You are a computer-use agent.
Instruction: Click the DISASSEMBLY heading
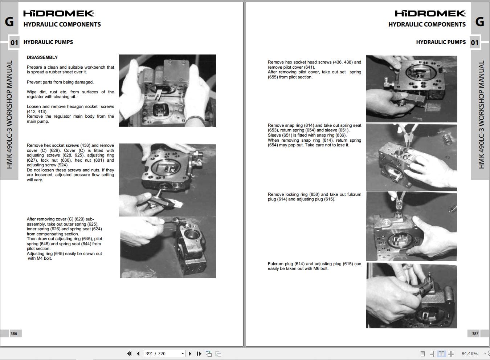(x=42, y=57)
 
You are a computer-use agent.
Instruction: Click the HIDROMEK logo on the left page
(x=59, y=14)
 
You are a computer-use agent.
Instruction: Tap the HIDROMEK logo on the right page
(x=430, y=14)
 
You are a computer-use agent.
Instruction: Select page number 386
(x=14, y=333)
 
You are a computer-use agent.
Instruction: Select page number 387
(x=475, y=333)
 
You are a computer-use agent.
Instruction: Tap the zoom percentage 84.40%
(x=469, y=353)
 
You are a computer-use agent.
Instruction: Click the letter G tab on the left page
(x=9, y=22)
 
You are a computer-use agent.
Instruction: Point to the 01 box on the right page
(x=475, y=43)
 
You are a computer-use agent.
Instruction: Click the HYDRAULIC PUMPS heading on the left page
(x=48, y=42)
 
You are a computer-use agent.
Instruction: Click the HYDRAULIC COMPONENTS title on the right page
(x=427, y=24)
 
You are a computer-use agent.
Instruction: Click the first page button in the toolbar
(x=129, y=353)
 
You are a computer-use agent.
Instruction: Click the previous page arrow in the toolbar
(x=138, y=353)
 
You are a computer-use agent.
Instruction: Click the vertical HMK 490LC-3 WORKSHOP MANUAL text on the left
(x=9, y=114)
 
